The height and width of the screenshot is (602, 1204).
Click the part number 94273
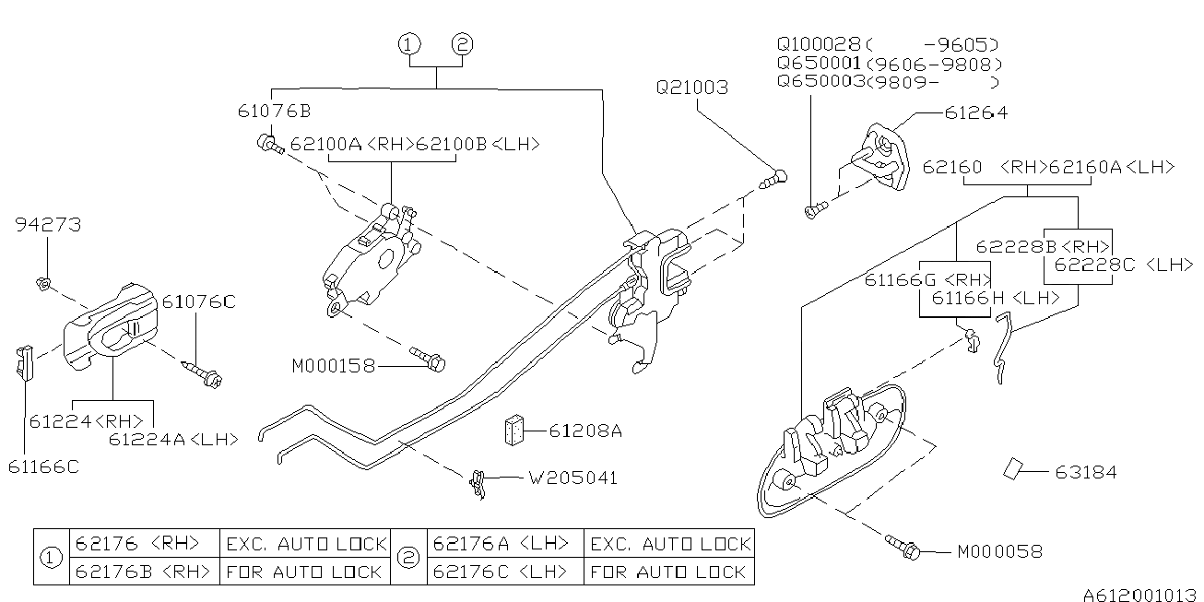point(48,224)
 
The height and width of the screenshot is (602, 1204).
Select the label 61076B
point(274,112)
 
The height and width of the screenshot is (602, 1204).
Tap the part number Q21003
point(691,88)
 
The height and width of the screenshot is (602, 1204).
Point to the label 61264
point(975,112)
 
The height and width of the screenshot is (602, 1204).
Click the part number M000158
point(333,366)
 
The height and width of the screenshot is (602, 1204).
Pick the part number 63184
point(1085,473)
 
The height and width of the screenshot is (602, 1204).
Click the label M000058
point(999,552)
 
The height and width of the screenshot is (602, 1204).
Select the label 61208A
point(585,431)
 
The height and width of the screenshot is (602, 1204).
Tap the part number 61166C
point(43,466)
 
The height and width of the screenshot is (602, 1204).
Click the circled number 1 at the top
point(409,44)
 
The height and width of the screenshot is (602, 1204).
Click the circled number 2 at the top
point(462,44)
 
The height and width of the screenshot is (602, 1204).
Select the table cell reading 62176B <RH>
point(144,572)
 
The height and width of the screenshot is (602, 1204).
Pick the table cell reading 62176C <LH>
point(503,572)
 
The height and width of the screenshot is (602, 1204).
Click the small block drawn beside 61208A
point(514,430)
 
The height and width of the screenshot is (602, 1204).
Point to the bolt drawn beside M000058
point(903,547)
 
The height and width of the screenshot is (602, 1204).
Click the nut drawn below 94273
point(42,283)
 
